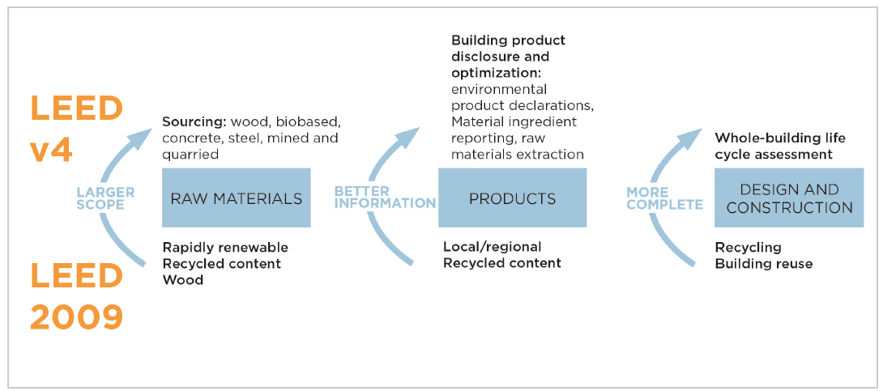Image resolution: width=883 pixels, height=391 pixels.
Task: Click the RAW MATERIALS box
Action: [x=236, y=198]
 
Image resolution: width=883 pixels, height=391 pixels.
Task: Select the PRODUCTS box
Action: [x=513, y=198]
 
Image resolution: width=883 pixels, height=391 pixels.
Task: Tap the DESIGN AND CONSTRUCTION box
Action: [x=788, y=198]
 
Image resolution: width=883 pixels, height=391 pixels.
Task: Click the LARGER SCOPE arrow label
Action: [x=105, y=198]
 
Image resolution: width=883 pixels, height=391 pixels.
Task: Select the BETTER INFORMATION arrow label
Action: [x=386, y=198]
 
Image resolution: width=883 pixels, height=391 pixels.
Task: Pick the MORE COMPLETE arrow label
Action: [x=664, y=198]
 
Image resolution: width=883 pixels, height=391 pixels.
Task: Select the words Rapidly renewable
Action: [x=225, y=248]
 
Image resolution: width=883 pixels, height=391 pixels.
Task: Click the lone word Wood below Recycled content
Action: [x=182, y=279]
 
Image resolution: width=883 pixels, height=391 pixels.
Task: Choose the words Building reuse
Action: [x=764, y=263]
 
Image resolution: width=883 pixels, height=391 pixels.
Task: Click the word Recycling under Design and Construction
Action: [x=748, y=248]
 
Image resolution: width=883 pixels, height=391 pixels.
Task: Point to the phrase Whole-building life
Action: [x=780, y=138]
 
